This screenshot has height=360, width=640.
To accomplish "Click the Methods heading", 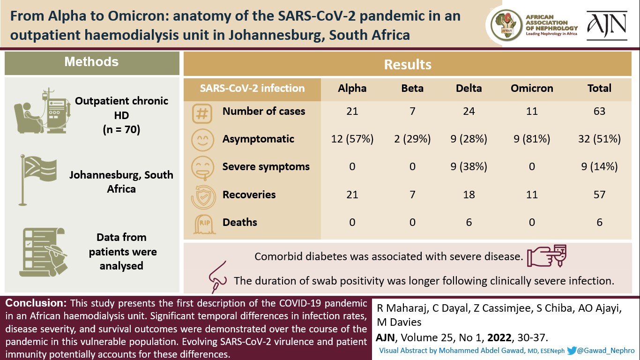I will click(91, 62).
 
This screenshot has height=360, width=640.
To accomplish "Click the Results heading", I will click(408, 64).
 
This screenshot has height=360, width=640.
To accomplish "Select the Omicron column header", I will click(532, 88).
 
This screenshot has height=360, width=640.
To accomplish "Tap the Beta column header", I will click(412, 88).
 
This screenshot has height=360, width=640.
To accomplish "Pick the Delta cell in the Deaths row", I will click(469, 223).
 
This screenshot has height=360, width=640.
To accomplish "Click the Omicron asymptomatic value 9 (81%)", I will click(532, 139).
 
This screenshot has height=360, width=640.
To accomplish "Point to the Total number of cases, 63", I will click(599, 111).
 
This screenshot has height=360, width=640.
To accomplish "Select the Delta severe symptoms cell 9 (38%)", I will click(469, 166).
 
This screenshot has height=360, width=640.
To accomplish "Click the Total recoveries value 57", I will click(599, 195).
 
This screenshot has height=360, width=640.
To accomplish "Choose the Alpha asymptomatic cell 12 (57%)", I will click(352, 139).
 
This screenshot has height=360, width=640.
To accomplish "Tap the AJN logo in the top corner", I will click(607, 25).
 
